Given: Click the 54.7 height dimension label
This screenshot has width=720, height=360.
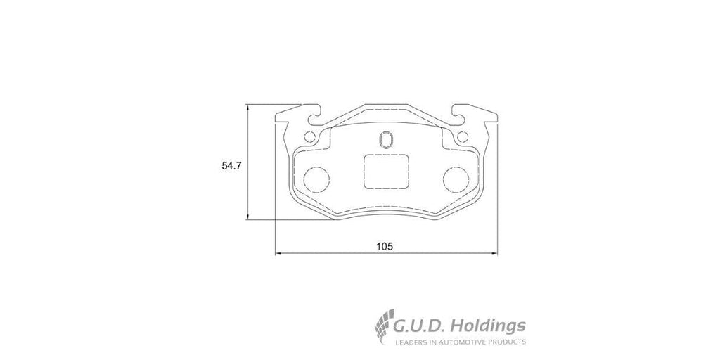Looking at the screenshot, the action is click(x=231, y=167).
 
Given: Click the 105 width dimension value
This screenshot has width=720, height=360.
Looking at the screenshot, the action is click(x=385, y=247).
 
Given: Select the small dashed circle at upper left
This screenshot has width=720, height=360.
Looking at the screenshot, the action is click(x=305, y=137).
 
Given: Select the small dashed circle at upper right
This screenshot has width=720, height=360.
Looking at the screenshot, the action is click(x=458, y=137).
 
